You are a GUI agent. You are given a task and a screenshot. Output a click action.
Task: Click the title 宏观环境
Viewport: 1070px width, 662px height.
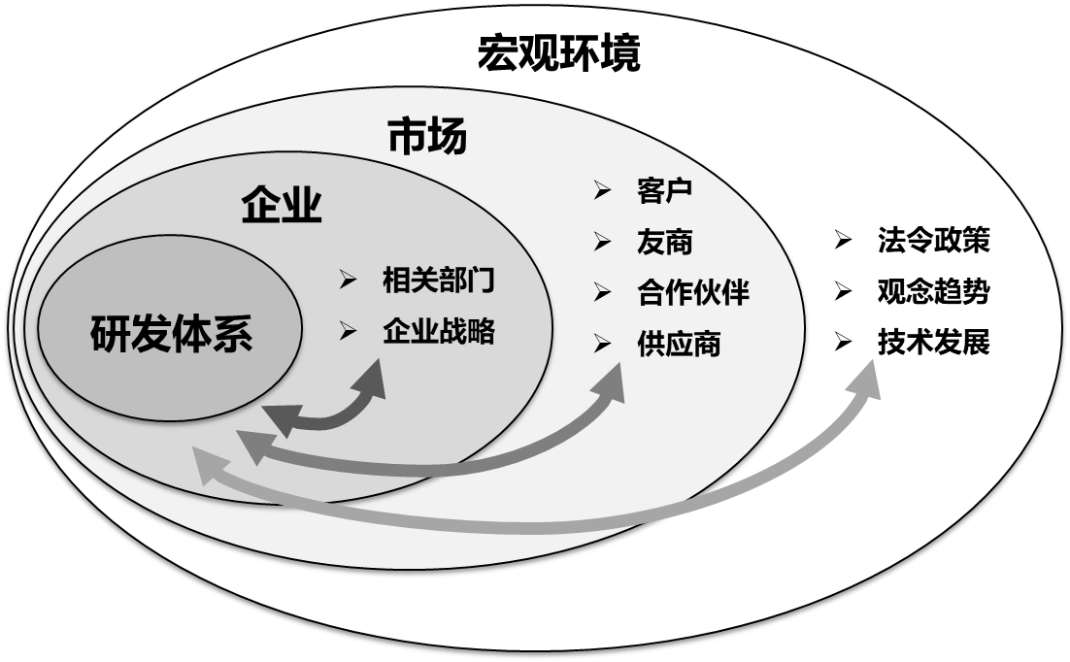[x=559, y=54]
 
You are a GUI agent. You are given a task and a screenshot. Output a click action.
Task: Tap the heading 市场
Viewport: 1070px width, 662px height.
[x=427, y=137]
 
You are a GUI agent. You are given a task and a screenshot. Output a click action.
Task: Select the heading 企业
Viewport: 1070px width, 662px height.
[x=282, y=206]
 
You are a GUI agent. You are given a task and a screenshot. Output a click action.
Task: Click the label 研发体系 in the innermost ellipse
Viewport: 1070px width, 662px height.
[x=172, y=335]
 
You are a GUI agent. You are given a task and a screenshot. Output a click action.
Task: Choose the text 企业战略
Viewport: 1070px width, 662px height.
[x=439, y=331]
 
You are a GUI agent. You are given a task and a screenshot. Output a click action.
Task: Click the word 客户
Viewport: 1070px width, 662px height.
[x=665, y=190]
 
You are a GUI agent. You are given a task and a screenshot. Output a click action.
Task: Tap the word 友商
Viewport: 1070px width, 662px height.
[x=665, y=242]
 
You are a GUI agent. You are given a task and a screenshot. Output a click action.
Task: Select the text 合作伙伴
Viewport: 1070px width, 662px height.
[x=693, y=292]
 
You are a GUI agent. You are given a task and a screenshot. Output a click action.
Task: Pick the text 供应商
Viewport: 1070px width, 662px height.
[x=680, y=344]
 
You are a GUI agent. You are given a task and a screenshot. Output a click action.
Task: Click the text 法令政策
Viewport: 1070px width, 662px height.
[x=933, y=241]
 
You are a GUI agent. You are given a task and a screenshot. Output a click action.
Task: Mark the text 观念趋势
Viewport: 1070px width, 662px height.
[x=933, y=291]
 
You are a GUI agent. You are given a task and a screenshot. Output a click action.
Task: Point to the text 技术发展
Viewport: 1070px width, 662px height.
[x=933, y=343]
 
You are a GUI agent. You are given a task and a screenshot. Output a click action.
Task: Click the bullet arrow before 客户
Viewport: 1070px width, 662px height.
[x=603, y=190]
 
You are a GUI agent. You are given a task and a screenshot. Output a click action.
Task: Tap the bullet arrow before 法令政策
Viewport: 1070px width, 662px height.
[x=843, y=241]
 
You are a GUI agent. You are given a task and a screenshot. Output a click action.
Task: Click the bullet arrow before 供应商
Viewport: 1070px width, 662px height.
[x=603, y=344]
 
